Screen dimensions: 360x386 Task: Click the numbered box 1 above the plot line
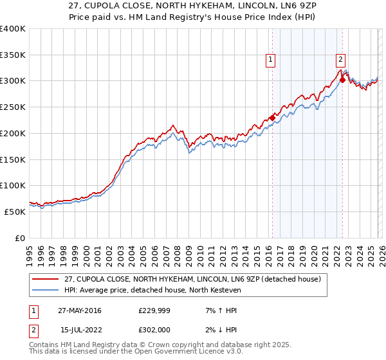270,60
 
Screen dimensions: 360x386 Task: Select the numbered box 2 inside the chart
340,60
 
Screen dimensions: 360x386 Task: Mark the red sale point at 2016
272,118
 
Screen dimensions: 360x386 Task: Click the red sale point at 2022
342,80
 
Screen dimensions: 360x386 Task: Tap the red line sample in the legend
46,278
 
